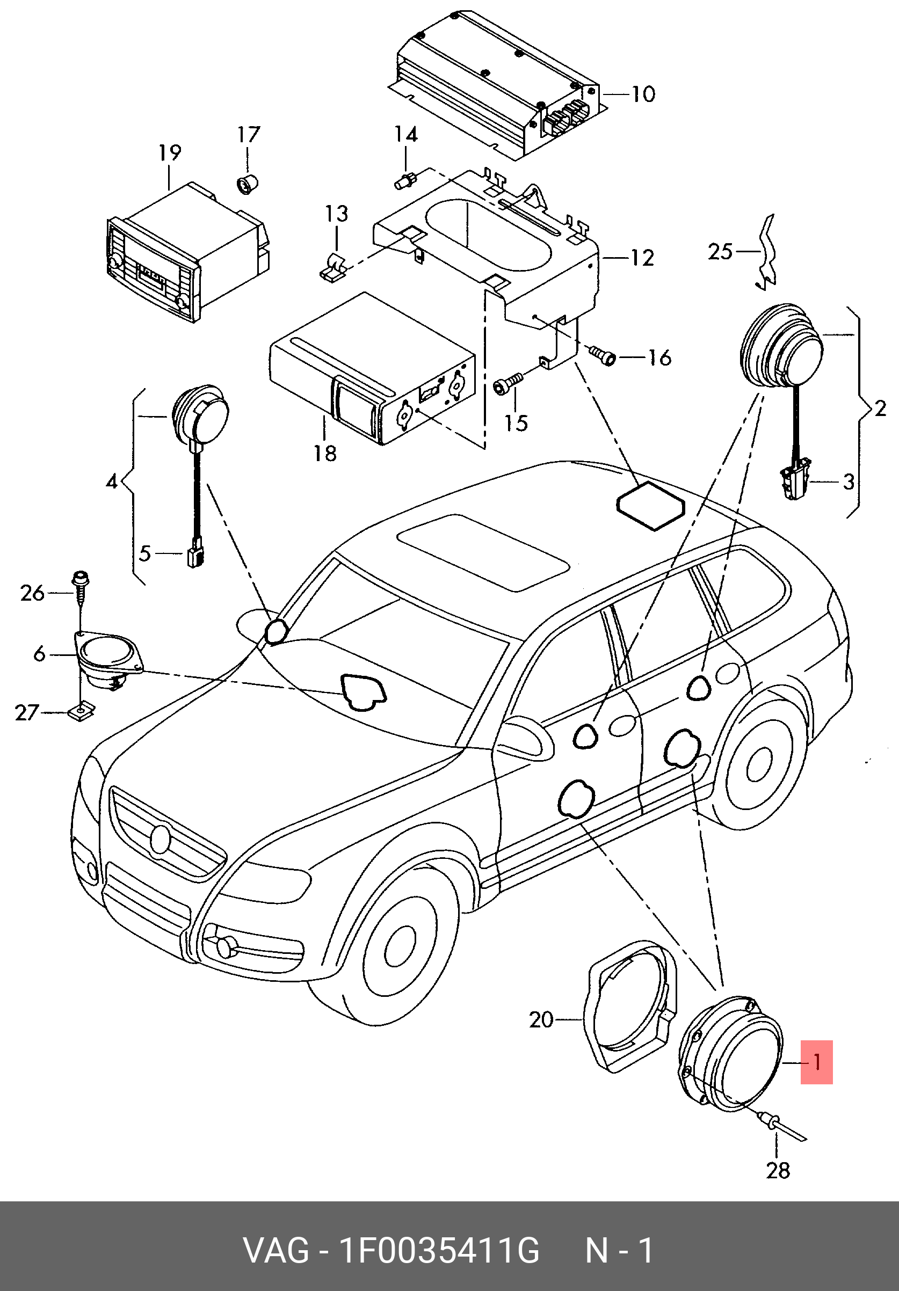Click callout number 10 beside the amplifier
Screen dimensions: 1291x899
point(642,94)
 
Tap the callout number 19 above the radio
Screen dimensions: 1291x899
point(169,153)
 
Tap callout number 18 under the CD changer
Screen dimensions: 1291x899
point(324,453)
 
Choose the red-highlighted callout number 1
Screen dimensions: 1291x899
point(816,1062)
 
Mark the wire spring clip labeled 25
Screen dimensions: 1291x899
point(766,251)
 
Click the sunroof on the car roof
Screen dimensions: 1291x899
point(483,552)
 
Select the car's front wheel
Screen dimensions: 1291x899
point(400,950)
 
